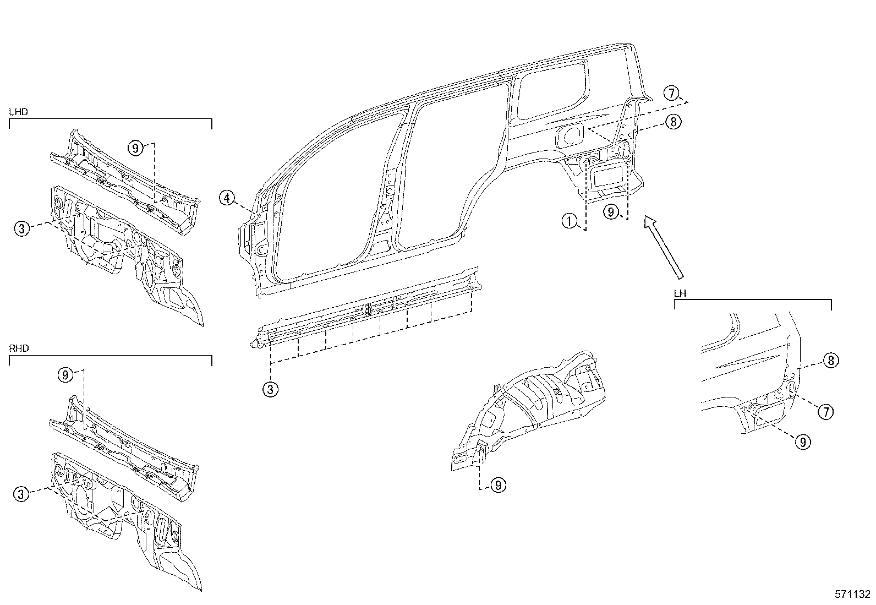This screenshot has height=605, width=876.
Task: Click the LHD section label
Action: [19, 112]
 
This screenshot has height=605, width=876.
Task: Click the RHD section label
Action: [19, 348]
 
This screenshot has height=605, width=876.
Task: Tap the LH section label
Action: [680, 293]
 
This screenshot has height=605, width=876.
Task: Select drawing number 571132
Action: [852, 595]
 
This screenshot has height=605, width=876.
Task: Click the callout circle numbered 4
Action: [227, 197]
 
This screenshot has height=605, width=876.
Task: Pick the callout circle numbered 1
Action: [570, 221]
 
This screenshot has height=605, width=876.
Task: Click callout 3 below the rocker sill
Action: [270, 389]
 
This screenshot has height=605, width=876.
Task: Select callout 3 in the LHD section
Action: [21, 228]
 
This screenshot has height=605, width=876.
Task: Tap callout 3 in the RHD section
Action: [21, 494]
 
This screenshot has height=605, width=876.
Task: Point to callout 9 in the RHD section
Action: [65, 375]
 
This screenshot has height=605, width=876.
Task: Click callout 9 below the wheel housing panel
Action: [498, 485]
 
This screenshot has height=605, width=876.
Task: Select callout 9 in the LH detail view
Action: [803, 442]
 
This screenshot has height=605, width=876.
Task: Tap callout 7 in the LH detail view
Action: [825, 411]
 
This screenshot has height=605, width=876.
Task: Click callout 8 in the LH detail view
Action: [831, 361]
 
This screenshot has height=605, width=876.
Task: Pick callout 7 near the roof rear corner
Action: [671, 94]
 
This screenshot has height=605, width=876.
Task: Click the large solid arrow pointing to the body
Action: [664, 246]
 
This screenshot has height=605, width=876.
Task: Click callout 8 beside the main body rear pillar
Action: [673, 122]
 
